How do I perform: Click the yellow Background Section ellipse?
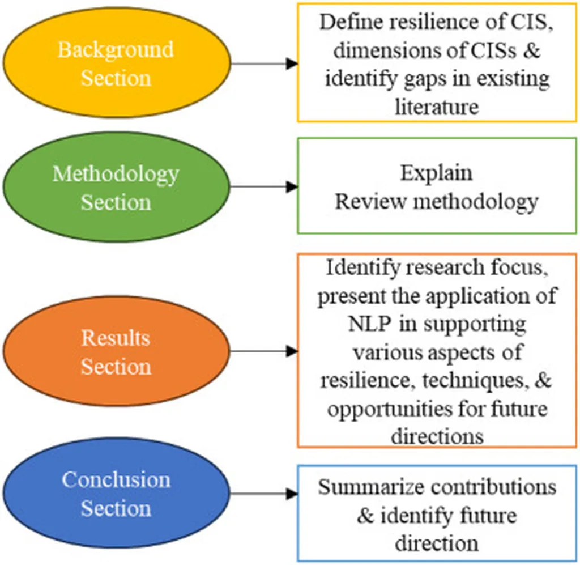116,63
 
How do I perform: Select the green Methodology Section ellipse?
116,187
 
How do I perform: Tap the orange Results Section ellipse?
116,351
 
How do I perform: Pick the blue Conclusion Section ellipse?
116,494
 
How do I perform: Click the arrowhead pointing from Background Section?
292,63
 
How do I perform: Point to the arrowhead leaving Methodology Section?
292,187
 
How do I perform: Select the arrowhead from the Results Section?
292,351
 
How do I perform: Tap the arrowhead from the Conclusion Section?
292,494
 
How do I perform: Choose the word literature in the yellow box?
437,106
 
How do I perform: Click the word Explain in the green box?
436,172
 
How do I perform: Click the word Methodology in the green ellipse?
116,173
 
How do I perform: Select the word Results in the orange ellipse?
116,338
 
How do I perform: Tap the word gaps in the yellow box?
420,78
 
